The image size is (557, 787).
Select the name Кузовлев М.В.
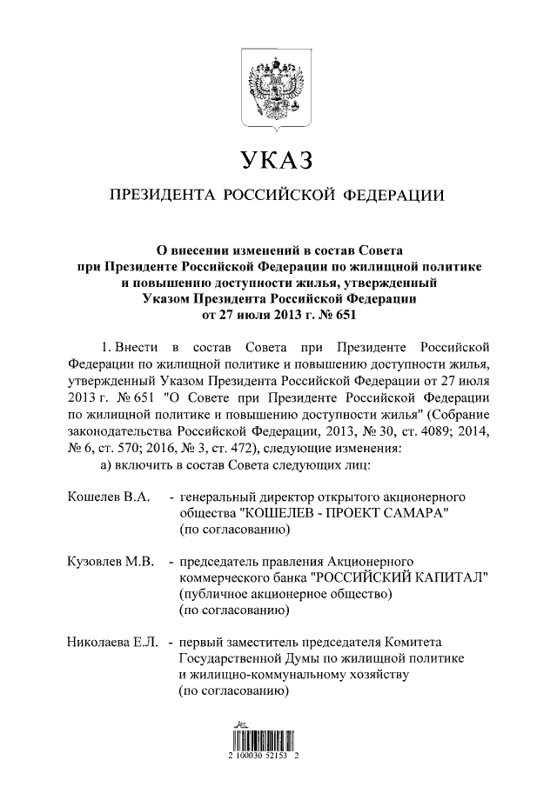111,562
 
